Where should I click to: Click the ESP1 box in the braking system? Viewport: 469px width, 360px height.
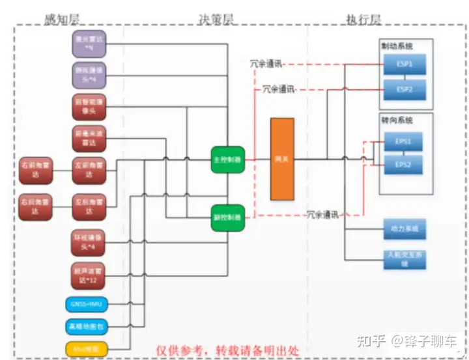[404, 63]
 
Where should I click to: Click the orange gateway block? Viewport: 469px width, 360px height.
[283, 159]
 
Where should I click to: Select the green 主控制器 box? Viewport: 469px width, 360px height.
[227, 159]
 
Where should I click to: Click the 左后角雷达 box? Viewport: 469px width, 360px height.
[89, 206]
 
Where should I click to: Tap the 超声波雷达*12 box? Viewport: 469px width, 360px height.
[89, 276]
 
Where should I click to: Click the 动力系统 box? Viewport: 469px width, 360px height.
[404, 229]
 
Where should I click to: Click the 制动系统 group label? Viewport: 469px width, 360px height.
[397, 46]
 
